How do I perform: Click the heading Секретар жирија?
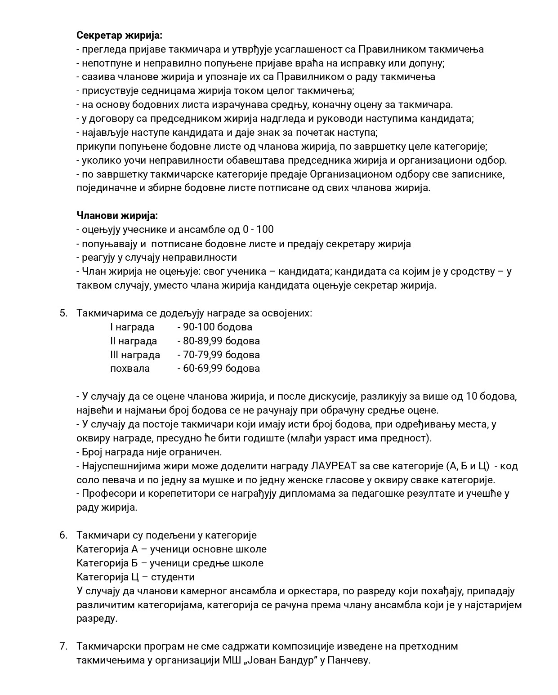pos(120,35)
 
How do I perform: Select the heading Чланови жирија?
pos(117,215)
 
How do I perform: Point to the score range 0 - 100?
pos(258,229)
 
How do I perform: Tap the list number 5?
pos(63,313)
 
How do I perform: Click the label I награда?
pos(132,327)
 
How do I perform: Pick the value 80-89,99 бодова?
pos(219,341)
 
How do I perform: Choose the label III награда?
pos(135,355)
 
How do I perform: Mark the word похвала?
pos(130,368)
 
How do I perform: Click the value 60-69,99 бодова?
pos(219,368)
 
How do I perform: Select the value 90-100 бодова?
pos(215,327)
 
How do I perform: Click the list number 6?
pos(63,535)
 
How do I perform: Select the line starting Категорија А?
pos(171,549)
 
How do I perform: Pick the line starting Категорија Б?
pos(170,563)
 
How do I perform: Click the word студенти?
pos(173,577)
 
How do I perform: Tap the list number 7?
pos(63,646)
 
